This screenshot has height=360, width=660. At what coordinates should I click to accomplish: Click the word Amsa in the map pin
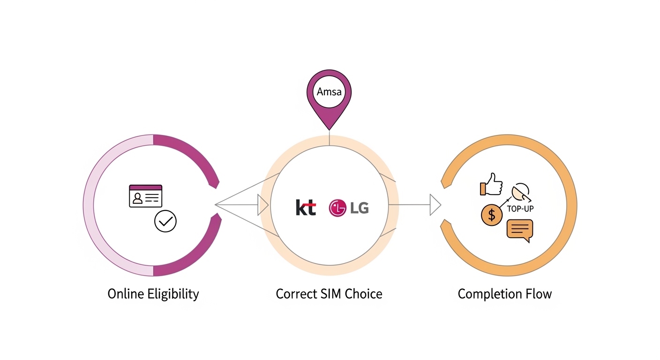tap(329, 91)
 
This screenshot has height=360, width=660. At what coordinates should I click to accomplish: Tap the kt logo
tap(306, 207)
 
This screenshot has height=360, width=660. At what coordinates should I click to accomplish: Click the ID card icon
tap(145, 196)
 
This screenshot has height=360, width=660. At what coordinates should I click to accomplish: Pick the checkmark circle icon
tap(165, 221)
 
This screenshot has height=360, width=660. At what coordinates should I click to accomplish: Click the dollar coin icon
tap(491, 215)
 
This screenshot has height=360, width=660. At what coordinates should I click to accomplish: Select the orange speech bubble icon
tap(520, 230)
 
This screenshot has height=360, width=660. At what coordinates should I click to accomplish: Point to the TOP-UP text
tap(520, 209)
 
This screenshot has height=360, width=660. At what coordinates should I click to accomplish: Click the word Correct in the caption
tap(294, 294)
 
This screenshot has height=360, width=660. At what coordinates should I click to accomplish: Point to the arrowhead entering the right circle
tap(435, 205)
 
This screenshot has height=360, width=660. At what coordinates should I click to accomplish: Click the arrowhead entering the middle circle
tap(262, 205)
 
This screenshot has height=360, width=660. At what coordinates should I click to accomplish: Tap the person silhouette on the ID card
tap(137, 198)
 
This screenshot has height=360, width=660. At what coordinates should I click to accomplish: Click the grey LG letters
tap(360, 208)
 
